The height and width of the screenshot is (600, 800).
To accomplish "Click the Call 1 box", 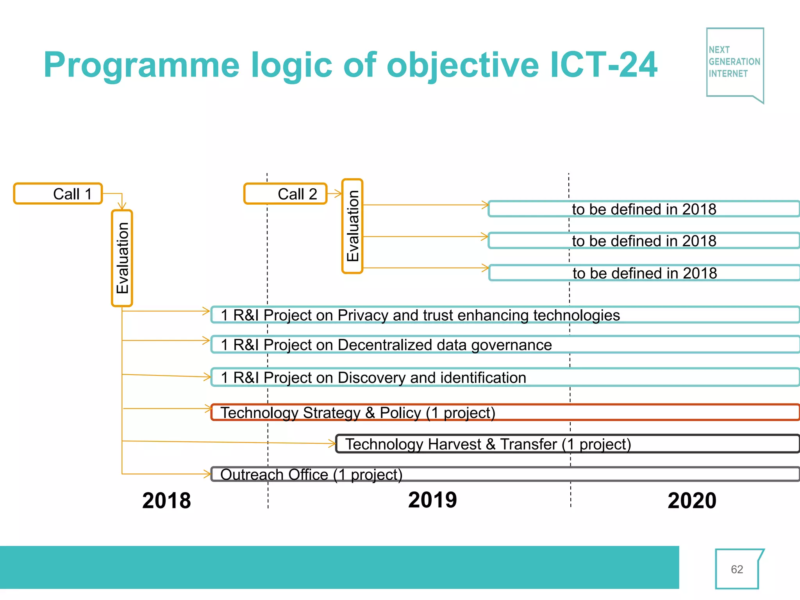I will [58, 194].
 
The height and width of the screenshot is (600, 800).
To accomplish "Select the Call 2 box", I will [285, 194].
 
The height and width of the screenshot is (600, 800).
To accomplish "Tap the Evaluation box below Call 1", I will [122, 258].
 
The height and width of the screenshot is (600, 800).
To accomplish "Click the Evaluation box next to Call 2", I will [352, 226].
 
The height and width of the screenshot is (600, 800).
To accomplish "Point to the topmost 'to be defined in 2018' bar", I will [644, 209].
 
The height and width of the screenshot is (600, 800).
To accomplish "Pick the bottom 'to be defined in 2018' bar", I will [645, 273].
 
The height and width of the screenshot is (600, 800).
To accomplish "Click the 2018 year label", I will [166, 501].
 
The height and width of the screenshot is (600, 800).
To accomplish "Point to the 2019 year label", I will [432, 500].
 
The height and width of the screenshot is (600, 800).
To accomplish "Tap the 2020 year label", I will [692, 501].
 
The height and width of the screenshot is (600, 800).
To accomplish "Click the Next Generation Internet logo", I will [735, 62].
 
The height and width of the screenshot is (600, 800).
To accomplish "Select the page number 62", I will [737, 570].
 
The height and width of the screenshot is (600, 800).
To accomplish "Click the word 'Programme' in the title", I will [141, 66].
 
